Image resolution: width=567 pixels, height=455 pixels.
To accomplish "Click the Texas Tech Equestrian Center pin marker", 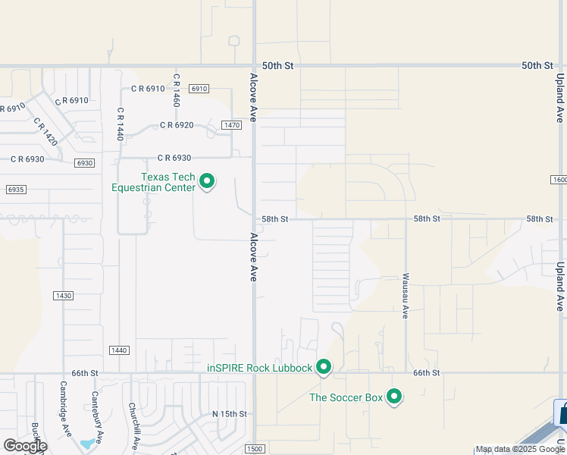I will [206, 181].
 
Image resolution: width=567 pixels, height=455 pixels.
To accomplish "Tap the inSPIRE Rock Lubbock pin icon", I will [324, 367].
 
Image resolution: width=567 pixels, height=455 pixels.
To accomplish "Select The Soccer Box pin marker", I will [393, 396].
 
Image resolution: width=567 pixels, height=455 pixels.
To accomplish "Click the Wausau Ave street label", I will [406, 296].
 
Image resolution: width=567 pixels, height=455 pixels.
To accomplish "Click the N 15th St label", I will [230, 413].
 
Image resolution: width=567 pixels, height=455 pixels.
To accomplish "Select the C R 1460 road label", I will [176, 89].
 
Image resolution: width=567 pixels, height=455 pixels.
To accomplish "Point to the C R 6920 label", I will [177, 125].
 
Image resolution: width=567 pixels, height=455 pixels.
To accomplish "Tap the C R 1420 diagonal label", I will [45, 130].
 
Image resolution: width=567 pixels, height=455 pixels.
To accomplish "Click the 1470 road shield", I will [231, 124].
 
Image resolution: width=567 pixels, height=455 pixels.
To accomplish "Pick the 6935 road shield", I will [15, 189].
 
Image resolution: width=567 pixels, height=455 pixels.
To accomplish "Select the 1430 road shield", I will [63, 295].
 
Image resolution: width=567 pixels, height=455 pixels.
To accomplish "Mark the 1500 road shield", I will [255, 450].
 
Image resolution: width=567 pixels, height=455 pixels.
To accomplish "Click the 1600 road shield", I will [559, 180].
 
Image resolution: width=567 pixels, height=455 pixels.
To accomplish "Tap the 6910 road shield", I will [199, 89].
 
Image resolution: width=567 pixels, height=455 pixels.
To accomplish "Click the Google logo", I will [25, 445].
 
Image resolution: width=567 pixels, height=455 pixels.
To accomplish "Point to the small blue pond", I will [89, 441].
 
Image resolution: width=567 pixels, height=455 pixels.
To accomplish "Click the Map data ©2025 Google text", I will [519, 449].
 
